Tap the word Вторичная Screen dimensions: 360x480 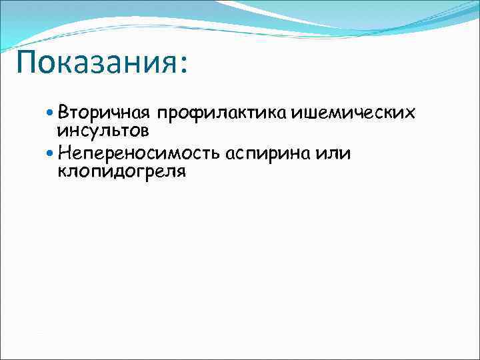coord(105,110)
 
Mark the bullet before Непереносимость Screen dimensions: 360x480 coord(52,153)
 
